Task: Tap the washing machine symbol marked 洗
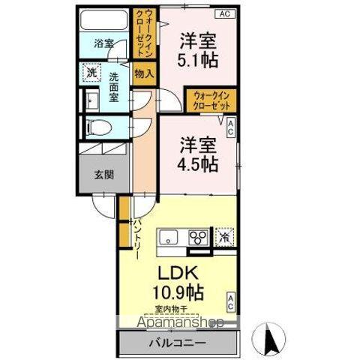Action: coord(90,73)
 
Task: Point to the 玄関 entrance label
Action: coord(103,175)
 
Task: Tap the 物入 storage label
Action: coord(143,73)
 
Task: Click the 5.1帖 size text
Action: coord(199,61)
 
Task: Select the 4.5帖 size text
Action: coord(198,162)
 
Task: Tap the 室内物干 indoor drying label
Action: coord(172,307)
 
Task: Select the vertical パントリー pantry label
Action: coord(138,238)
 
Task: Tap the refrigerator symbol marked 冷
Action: coord(224,238)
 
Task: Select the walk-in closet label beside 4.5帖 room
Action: coord(211,100)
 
